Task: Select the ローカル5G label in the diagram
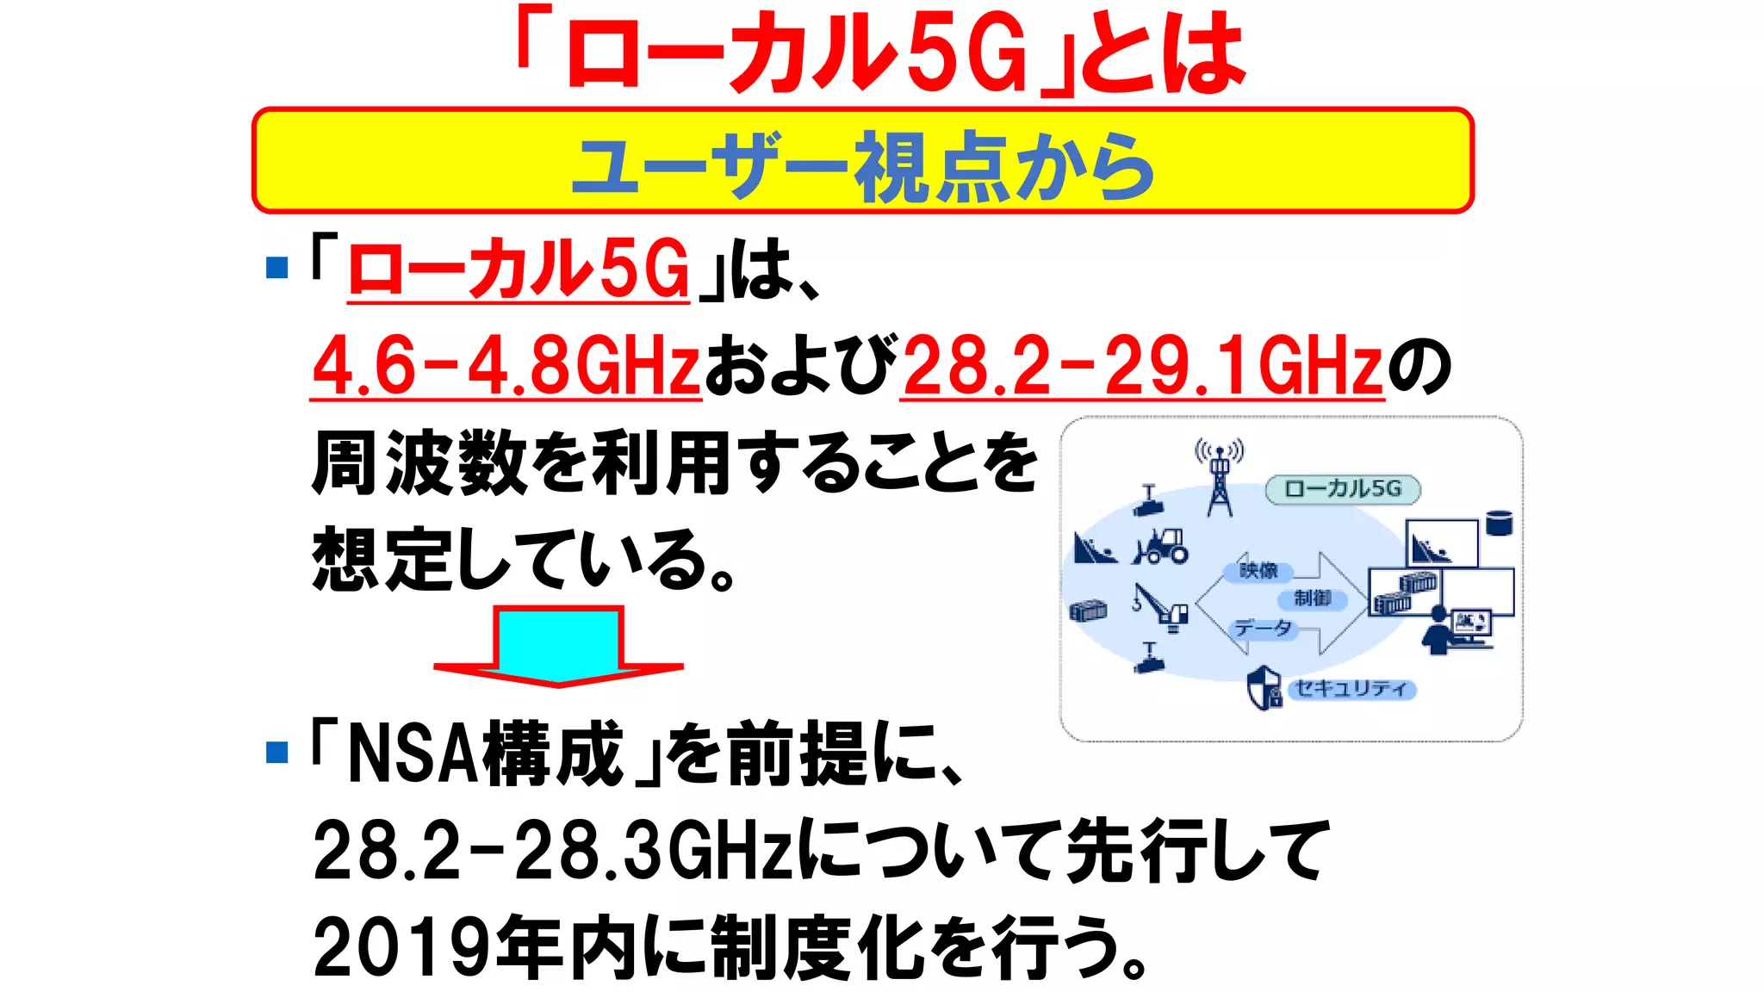[1342, 489]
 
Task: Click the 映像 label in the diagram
[1258, 571]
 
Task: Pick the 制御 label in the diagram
[1312, 598]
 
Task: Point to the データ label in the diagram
[1263, 629]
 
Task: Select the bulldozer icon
[1162, 546]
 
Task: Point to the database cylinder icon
[1499, 523]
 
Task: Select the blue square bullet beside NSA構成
[277, 752]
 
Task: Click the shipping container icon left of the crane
[1087, 611]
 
